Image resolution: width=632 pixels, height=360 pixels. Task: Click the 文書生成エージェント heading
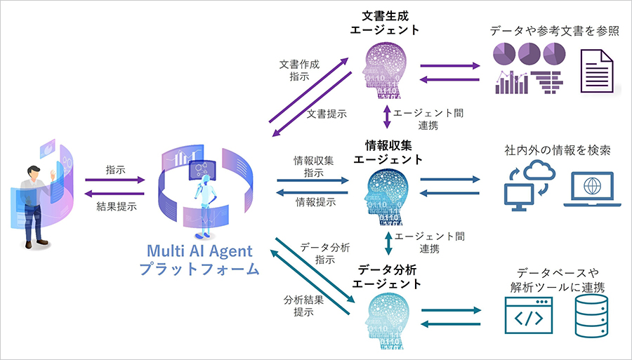[386, 22]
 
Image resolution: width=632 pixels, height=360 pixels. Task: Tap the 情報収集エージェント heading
[388, 152]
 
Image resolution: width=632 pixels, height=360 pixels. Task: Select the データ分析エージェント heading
[387, 276]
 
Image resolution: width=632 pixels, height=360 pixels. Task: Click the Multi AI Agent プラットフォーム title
[199, 260]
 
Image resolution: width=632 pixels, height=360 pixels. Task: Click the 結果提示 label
[117, 206]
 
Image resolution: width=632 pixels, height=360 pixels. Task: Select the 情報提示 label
[315, 202]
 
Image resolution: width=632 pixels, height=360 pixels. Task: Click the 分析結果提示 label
[303, 305]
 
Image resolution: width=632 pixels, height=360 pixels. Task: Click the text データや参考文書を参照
[555, 31]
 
